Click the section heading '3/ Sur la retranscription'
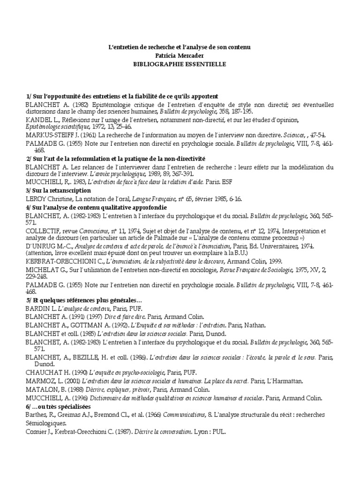[x=58, y=191]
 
